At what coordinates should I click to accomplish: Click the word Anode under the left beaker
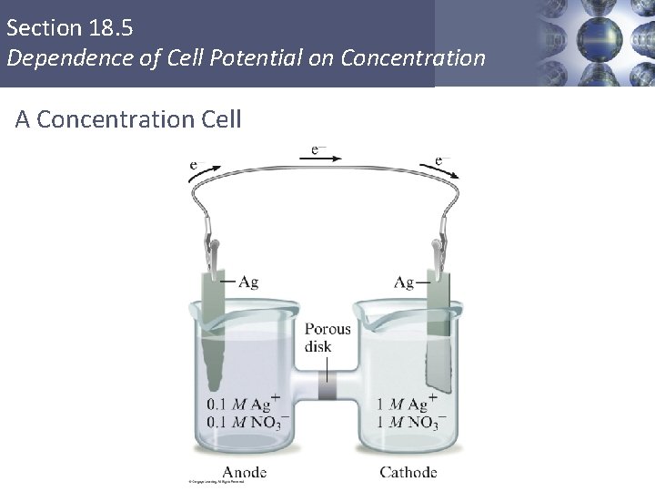(245, 472)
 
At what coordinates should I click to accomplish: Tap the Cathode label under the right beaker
(408, 472)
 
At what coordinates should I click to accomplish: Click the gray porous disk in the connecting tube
(326, 389)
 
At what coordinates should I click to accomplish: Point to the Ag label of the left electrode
(248, 282)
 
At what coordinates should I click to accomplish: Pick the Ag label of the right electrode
(405, 282)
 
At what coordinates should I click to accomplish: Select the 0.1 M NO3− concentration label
(243, 421)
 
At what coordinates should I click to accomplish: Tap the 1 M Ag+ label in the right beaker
(402, 404)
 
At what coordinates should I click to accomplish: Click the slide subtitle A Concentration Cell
(128, 118)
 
